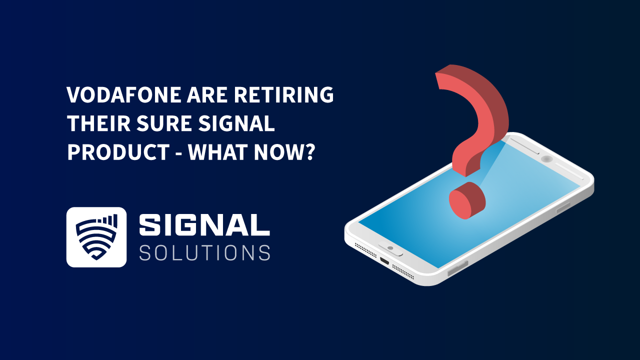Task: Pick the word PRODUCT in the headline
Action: coord(118,152)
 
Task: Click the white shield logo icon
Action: coord(96,237)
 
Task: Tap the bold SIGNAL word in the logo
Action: coord(204,225)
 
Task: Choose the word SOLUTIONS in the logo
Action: coord(204,252)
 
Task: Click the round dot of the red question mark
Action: coord(467,200)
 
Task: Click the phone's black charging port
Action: coord(384,261)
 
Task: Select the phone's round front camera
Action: coord(546,159)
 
